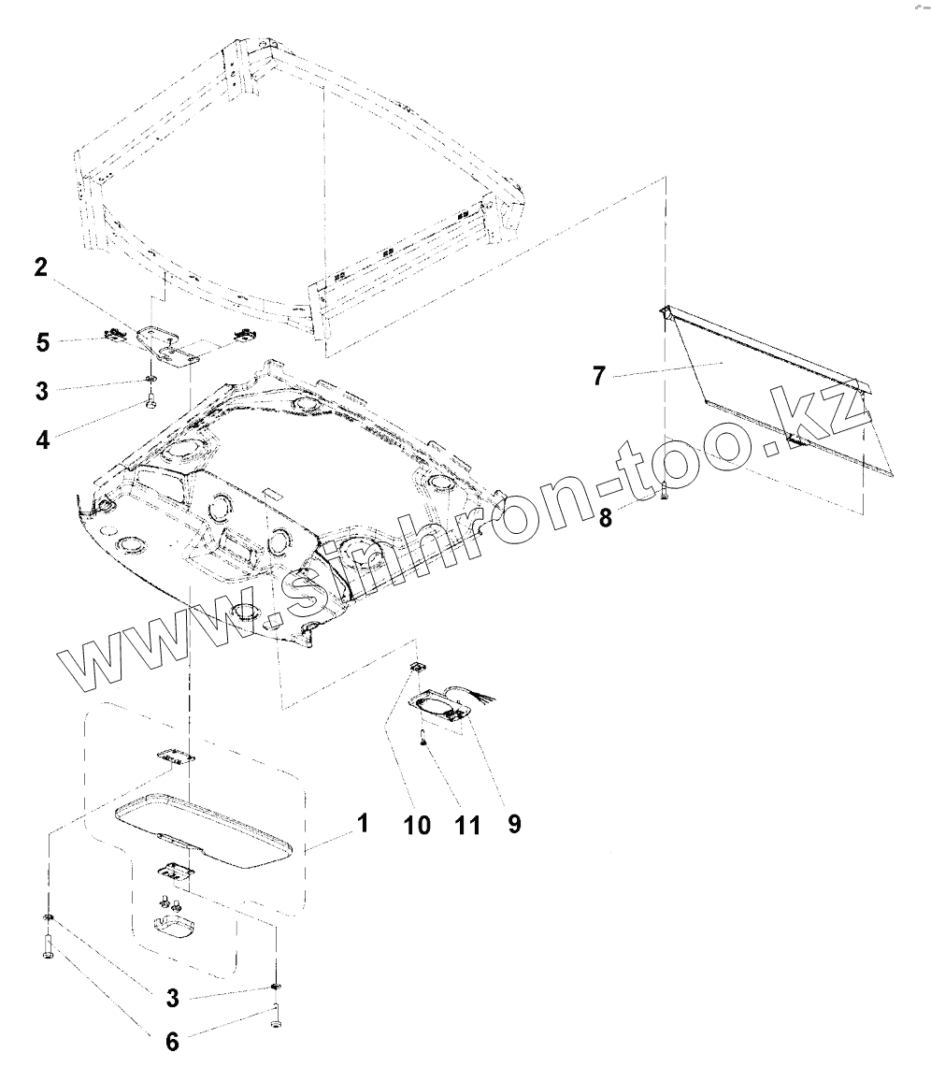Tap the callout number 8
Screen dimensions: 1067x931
(x=607, y=517)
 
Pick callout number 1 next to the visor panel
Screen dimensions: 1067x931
(x=361, y=823)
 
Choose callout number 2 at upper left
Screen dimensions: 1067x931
(x=40, y=267)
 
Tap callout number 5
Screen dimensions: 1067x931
(x=43, y=342)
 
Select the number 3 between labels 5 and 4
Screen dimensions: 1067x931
(x=42, y=390)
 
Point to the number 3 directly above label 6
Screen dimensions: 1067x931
(x=172, y=998)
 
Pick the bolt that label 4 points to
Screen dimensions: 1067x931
(x=150, y=403)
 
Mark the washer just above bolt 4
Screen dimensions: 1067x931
(x=149, y=381)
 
